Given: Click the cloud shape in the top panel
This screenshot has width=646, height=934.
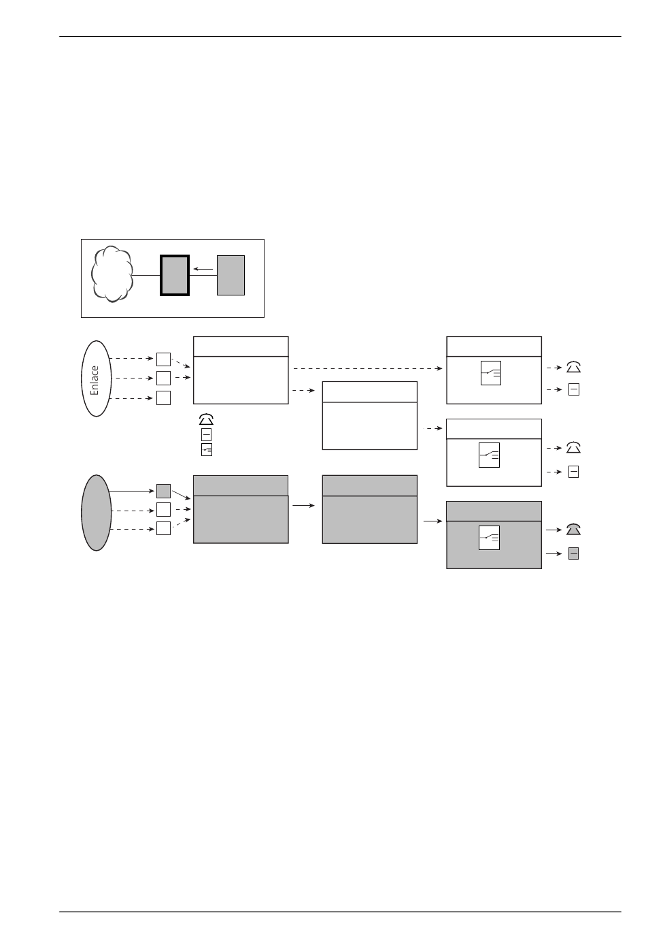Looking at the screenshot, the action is click(112, 274).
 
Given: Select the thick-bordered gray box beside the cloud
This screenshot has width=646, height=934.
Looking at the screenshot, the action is click(175, 275).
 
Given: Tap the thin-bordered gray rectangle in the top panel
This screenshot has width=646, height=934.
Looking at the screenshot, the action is click(231, 275).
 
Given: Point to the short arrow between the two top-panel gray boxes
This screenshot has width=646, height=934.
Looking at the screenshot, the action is click(203, 269).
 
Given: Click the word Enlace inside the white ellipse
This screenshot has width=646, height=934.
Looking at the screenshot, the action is click(95, 381).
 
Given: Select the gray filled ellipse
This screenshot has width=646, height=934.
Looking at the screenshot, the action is click(96, 513).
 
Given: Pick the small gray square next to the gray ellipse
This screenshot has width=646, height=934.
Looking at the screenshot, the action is click(163, 491).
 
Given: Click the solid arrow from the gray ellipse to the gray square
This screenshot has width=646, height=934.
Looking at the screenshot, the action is click(132, 492).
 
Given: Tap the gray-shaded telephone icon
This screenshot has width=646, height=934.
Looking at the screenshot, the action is click(573, 529).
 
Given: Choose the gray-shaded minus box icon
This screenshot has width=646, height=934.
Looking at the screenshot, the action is click(573, 553).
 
